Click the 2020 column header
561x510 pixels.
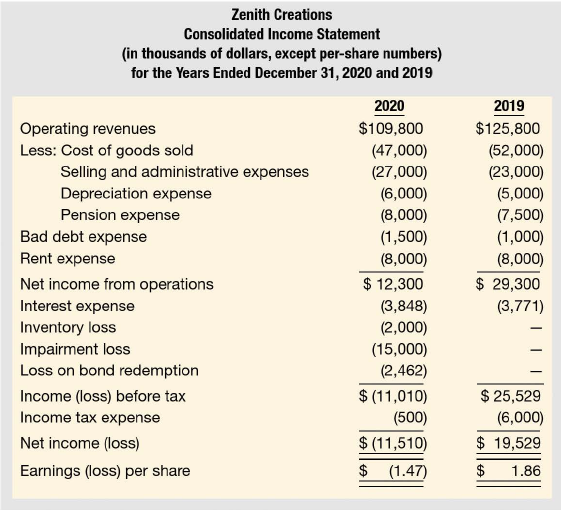(x=389, y=106)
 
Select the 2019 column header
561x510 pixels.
(x=509, y=106)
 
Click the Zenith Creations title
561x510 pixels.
(x=282, y=15)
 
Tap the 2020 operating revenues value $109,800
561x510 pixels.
(x=391, y=128)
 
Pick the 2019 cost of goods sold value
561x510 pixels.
(x=516, y=150)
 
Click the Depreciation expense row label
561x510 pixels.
(x=136, y=194)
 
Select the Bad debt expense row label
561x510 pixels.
(x=83, y=237)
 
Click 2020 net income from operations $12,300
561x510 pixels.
(x=393, y=284)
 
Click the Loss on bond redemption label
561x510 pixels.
(x=109, y=370)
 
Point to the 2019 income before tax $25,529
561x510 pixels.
(x=510, y=396)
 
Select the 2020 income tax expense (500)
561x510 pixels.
(x=410, y=418)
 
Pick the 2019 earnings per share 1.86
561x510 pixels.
(x=526, y=471)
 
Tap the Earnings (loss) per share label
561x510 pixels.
(x=105, y=471)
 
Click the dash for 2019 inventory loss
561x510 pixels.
(x=536, y=328)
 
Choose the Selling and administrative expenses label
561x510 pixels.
(x=185, y=172)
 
